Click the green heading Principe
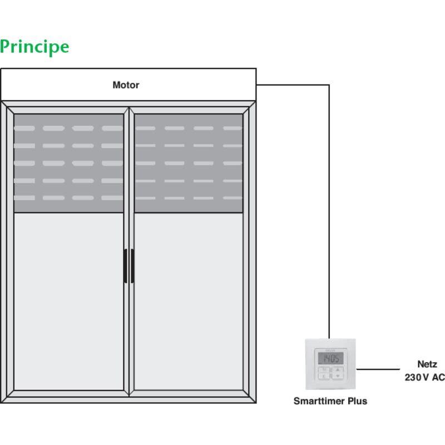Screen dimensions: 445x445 (34, 47)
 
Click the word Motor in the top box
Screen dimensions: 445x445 (126, 85)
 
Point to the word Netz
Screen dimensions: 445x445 (427, 364)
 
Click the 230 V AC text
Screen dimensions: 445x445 (424, 377)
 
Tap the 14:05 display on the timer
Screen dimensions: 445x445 (330, 358)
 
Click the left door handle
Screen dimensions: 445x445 (125, 266)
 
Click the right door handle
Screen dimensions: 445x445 (132, 266)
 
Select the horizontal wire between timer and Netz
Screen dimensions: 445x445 (378, 369)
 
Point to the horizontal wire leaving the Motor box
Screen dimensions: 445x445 (292, 85)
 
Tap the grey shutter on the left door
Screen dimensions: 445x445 (68, 163)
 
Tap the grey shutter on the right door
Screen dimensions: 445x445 (189, 163)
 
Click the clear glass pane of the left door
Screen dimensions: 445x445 (68, 300)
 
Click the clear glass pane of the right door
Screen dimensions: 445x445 (189, 300)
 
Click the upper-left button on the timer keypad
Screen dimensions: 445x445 (323, 369)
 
